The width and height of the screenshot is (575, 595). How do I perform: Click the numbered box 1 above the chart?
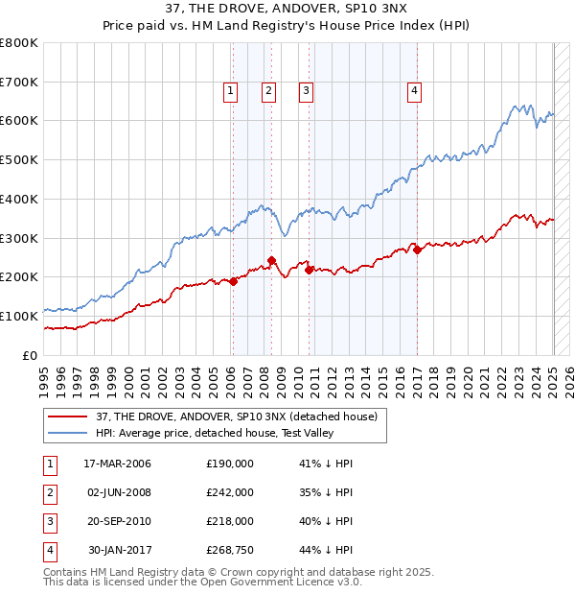point(231,92)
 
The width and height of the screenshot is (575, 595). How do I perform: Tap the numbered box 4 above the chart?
point(415,92)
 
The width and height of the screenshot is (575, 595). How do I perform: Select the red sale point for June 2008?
point(271,260)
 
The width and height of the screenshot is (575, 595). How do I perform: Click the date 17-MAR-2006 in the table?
point(117,464)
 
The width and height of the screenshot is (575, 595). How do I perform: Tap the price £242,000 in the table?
point(230,492)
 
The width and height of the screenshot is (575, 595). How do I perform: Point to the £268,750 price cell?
point(230,550)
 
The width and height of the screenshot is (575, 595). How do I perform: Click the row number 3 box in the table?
point(48,521)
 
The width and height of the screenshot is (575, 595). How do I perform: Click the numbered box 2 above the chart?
point(267,92)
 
